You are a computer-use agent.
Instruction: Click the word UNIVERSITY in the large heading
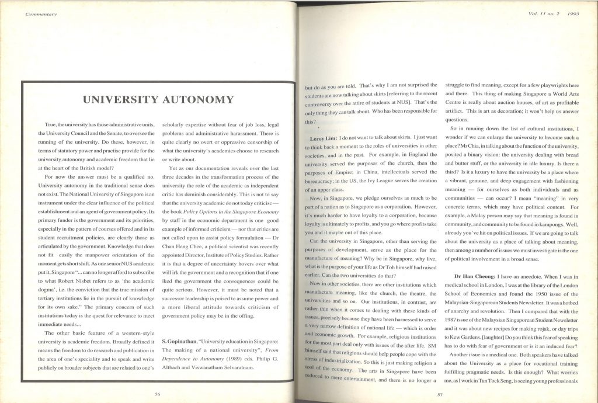pyautogui.click(x=119, y=99)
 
